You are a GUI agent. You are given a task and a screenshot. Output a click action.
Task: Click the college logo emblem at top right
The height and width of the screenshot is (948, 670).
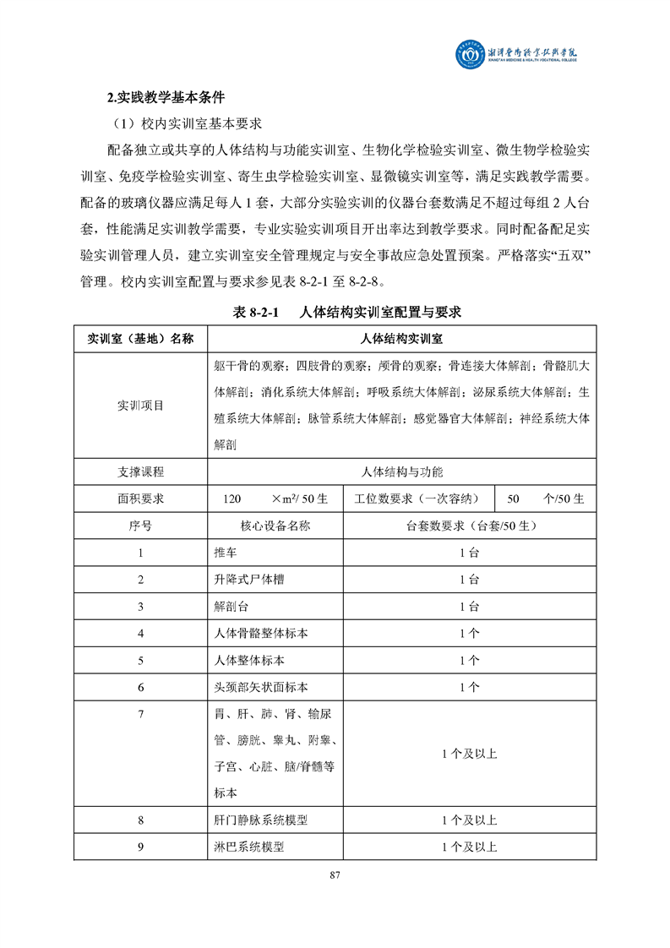[x=461, y=57]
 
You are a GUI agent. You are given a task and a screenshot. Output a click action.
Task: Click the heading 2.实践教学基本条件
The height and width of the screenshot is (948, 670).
[x=158, y=95]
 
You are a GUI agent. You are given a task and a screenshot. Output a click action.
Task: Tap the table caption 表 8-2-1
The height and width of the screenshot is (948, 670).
[x=256, y=312]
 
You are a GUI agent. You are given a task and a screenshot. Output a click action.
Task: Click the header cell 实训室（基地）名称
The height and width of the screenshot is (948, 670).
[x=141, y=339]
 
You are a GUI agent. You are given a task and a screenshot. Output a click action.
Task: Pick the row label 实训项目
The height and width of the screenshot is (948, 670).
[x=141, y=406]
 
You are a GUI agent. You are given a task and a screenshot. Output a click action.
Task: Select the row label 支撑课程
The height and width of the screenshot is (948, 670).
[x=141, y=471]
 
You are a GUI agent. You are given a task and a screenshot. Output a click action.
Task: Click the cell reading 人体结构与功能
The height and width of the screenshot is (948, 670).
[x=401, y=471]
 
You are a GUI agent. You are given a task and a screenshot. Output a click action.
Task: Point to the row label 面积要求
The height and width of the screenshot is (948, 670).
[x=141, y=498]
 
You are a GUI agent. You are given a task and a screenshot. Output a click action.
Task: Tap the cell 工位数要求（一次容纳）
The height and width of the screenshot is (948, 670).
[x=420, y=498]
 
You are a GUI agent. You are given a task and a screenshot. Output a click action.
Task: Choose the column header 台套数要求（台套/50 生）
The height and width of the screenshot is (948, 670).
[x=471, y=525]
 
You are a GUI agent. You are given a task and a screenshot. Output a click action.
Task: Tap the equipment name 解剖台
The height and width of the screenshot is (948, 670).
[x=231, y=607]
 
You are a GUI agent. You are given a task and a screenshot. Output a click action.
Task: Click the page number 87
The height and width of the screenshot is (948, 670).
[x=335, y=874]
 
